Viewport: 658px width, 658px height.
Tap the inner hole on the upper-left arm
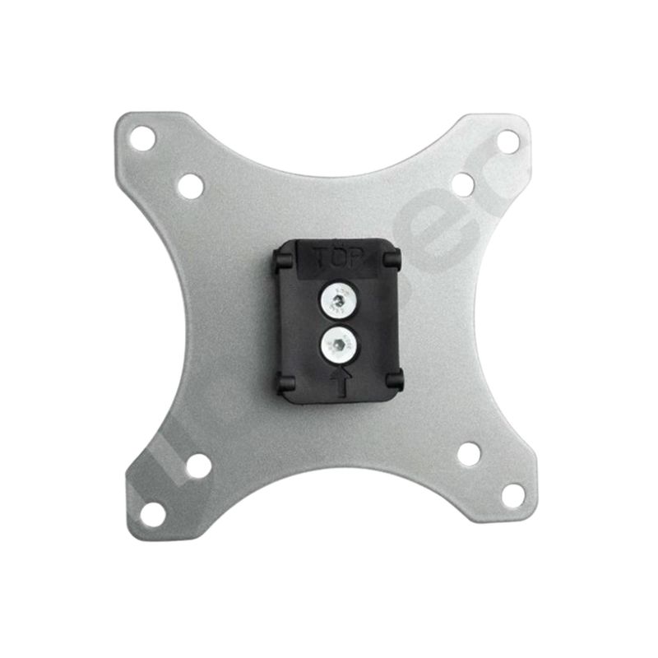190,185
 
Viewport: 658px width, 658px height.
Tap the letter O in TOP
341,259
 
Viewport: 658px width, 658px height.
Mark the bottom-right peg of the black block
394,378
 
